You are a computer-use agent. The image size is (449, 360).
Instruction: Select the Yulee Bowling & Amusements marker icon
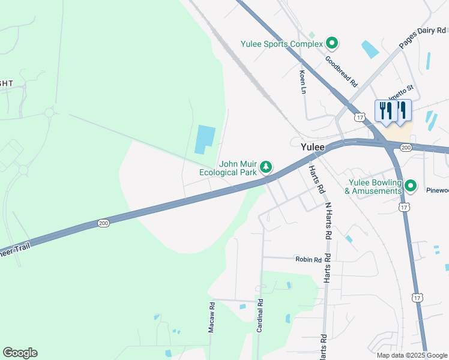tap(411, 186)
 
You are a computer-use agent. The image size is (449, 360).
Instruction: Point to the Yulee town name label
tap(312, 147)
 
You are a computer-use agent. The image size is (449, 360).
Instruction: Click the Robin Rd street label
tap(308, 260)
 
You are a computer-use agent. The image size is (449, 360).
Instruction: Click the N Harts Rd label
tap(328, 221)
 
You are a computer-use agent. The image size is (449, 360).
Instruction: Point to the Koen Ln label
tap(303, 82)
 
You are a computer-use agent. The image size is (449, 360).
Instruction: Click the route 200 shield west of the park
tap(103, 223)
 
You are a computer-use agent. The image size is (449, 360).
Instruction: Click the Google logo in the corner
tap(20, 353)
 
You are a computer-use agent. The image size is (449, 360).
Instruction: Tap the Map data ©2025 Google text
tap(411, 355)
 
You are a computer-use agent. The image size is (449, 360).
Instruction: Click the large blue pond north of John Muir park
tap(204, 140)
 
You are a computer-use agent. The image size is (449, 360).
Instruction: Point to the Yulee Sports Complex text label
tap(281, 44)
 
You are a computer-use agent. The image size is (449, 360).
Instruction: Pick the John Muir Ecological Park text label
tap(229, 167)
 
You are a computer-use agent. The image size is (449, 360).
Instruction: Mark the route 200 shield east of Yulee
tap(406, 147)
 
